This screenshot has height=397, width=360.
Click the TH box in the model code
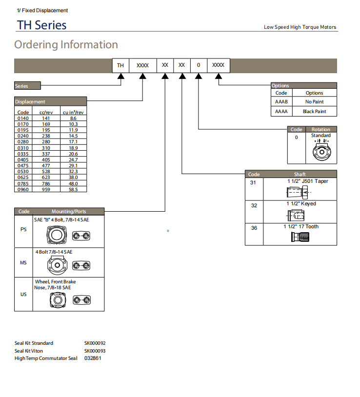click(120, 65)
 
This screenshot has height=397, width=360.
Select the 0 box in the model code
click(198, 65)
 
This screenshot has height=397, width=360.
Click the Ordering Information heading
click(66, 45)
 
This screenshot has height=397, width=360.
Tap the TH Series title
click(41, 25)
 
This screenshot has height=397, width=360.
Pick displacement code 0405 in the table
click(23, 159)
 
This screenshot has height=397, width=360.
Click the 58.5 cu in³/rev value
click(73, 189)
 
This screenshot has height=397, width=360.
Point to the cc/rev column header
click(46, 112)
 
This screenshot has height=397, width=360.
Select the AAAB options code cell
click(281, 102)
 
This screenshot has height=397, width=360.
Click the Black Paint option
click(314, 112)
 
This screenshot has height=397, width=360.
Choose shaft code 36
click(254, 228)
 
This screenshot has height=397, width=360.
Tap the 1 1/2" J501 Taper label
click(307, 181)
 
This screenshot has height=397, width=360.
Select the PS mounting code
click(23, 230)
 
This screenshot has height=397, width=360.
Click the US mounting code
click(23, 295)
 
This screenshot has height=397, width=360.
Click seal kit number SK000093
click(95, 351)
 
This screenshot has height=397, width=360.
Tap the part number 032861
click(92, 358)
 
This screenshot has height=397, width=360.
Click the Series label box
click(27, 86)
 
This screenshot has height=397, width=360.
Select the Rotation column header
click(320, 130)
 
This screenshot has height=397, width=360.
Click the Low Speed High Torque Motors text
click(300, 27)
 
